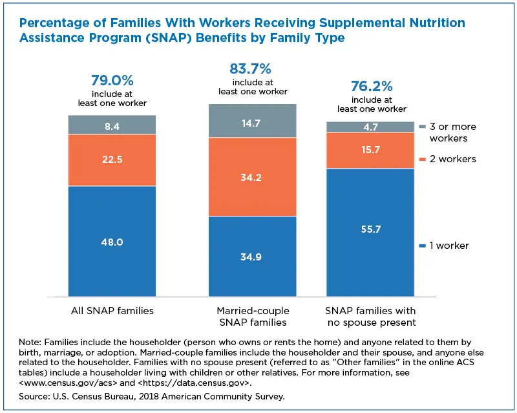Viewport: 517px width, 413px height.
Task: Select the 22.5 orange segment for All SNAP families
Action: coord(112,160)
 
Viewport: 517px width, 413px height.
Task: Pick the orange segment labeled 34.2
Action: coord(251,176)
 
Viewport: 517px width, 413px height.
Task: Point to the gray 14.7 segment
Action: coord(251,120)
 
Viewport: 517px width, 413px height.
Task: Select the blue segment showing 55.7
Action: coord(370,229)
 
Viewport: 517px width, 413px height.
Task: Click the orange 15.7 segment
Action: coord(370,150)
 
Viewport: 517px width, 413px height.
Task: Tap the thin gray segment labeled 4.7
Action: coord(370,127)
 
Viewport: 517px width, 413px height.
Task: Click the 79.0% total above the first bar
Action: coord(112,81)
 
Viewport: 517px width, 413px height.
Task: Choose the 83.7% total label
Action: coord(251,69)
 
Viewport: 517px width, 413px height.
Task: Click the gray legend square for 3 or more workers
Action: coord(423,127)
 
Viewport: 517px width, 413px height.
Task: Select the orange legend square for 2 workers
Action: coord(423,159)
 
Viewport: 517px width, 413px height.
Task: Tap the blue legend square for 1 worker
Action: coord(423,246)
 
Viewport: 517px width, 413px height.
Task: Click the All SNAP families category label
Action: coord(112,311)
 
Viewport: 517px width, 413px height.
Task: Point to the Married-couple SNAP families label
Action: coord(251,316)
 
